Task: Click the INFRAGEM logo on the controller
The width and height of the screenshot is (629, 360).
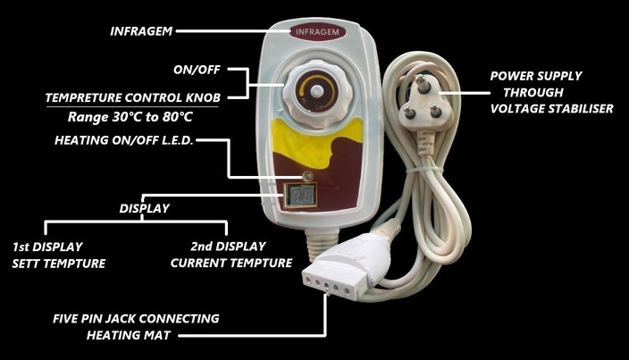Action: coord(316,33)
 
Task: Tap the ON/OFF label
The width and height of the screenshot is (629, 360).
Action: coord(197,67)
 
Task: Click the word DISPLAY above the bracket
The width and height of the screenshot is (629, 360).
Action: coord(145,209)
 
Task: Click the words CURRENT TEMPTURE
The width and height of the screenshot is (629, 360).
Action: coord(231,264)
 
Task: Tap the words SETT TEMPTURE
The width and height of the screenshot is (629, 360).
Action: coord(58,264)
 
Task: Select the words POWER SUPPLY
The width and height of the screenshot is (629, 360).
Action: coord(537,75)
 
